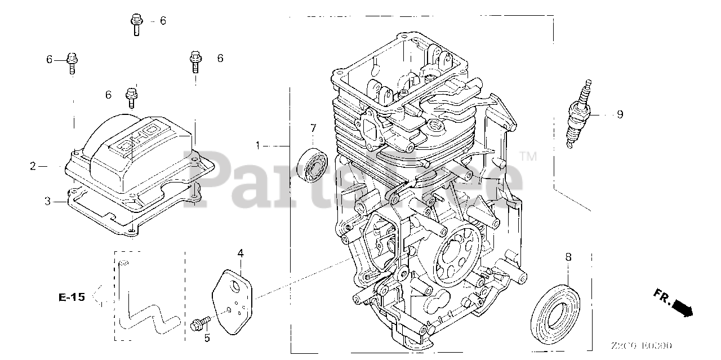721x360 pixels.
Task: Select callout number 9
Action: point(620,114)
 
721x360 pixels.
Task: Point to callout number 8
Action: point(568,257)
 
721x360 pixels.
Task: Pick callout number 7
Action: point(313,128)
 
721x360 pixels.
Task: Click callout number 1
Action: point(258,145)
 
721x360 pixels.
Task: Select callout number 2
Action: point(33,166)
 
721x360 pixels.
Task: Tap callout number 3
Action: point(48,201)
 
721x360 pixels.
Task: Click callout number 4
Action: point(240,254)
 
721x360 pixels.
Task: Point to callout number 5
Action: point(207,338)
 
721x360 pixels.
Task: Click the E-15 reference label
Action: point(72,297)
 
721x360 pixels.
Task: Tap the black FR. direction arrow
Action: point(683,307)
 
